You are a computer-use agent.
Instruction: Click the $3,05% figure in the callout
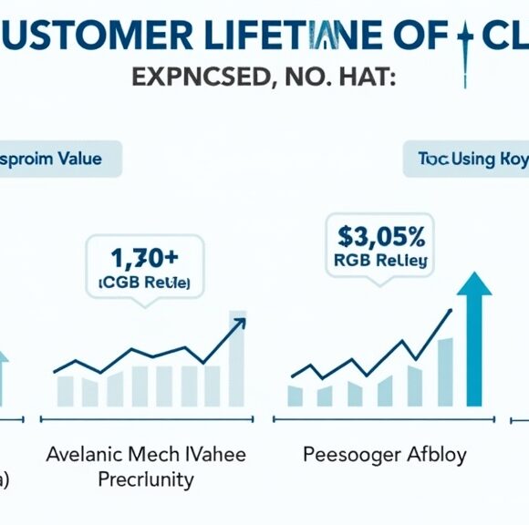coord(380,236)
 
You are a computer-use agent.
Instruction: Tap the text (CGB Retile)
coord(143,283)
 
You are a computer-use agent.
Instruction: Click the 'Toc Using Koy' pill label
coord(470,160)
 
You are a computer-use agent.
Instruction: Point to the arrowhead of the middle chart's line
coord(240,322)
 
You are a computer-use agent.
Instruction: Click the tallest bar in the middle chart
coord(236,358)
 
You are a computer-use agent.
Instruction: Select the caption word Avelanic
coord(88,454)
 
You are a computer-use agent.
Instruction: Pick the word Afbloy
coord(436,454)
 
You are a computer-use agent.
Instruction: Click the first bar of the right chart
coord(295,395)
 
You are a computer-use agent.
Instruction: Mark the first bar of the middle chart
coord(66,389)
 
